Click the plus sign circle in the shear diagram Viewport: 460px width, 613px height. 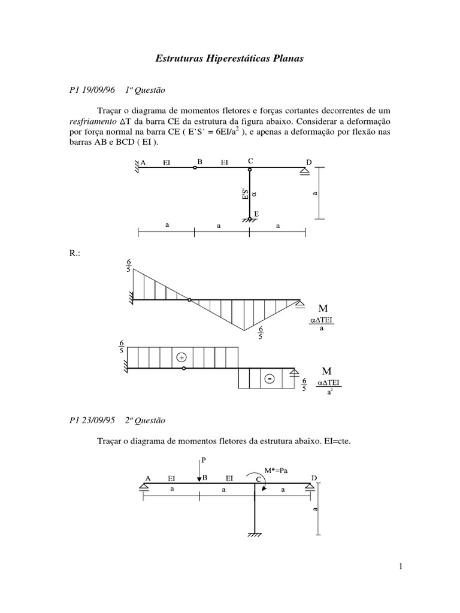(181, 357)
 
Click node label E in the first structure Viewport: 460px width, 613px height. (256, 214)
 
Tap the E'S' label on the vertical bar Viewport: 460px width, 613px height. (244, 195)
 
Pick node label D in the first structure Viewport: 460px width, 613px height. (309, 162)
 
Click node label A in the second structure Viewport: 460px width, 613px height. (147, 478)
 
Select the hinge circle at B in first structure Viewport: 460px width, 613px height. (194, 168)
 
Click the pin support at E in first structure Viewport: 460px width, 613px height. (250, 221)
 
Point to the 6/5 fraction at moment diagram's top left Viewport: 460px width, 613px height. (128, 265)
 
